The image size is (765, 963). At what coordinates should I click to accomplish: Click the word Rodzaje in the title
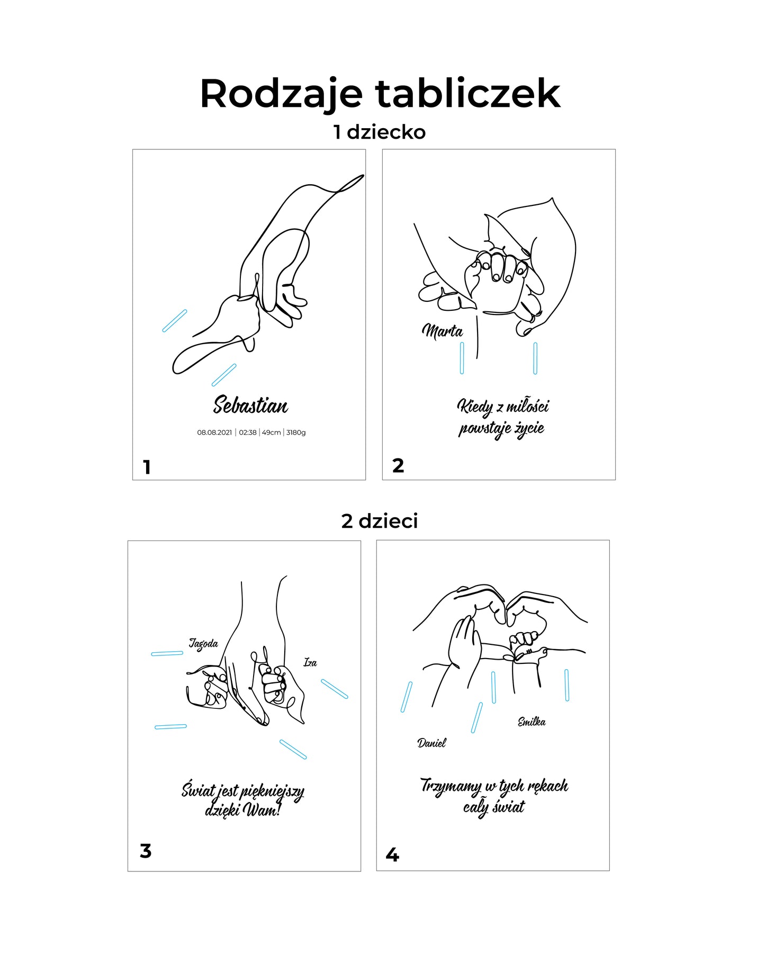point(281,94)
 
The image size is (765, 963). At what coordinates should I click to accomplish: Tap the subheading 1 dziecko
point(379,132)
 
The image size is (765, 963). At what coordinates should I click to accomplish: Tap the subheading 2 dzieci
point(380,521)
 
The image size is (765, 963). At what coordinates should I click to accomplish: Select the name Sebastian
point(250,406)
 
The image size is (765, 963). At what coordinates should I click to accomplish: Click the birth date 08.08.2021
point(214,433)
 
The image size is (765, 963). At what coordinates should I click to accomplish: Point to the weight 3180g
point(296,433)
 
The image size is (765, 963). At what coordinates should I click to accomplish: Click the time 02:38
point(248,433)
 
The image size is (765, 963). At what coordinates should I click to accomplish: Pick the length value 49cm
point(271,433)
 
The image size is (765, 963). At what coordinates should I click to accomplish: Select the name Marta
point(443,331)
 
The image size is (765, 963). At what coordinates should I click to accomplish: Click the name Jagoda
point(204,644)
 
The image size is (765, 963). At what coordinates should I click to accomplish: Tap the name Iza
point(310,662)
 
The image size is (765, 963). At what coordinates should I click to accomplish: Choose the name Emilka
point(532,722)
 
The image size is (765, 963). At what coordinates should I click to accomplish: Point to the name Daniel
point(431,743)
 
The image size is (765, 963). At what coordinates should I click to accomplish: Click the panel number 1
point(147,467)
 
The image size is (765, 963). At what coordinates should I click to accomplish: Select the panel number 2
point(398,466)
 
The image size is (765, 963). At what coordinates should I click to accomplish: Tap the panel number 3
point(146,851)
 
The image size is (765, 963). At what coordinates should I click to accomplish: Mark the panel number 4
point(392,854)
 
